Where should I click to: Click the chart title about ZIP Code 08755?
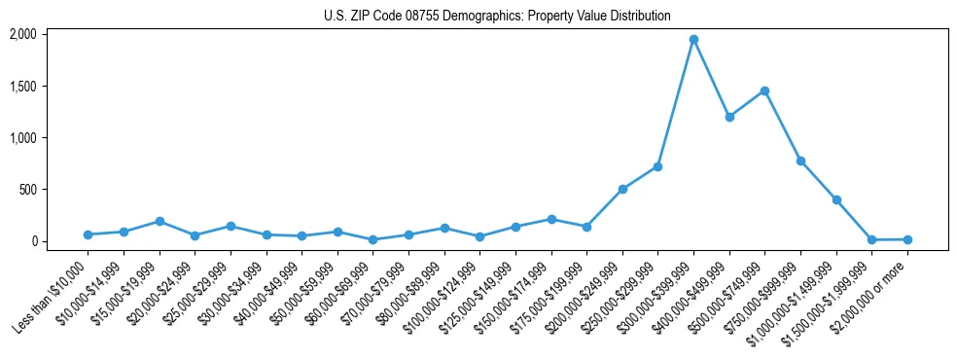pos(497,16)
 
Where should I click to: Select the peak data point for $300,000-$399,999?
pos(693,40)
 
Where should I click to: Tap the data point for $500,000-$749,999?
pos(764,90)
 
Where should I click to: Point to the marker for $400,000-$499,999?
pos(729,117)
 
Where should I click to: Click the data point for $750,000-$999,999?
pos(800,161)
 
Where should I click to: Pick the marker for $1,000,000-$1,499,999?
pos(836,199)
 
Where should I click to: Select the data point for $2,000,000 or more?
pos(907,239)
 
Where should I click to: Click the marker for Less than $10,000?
pos(88,234)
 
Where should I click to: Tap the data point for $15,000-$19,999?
pos(159,221)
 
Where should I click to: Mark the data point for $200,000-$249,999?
pos(622,189)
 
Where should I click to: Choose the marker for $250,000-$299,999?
pos(657,166)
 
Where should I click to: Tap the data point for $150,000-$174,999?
pos(550,219)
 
